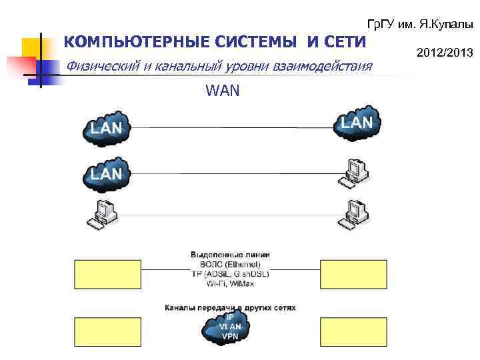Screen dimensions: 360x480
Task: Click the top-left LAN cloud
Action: pos(107,127)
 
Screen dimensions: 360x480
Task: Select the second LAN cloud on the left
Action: pos(107,175)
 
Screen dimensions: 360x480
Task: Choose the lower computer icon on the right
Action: pos(355,214)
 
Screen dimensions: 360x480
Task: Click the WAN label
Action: pos(223,90)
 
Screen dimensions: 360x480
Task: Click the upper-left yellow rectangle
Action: pos(106,273)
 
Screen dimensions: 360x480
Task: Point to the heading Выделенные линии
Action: pos(230,255)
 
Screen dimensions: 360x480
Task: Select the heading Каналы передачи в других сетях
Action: pos(230,308)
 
